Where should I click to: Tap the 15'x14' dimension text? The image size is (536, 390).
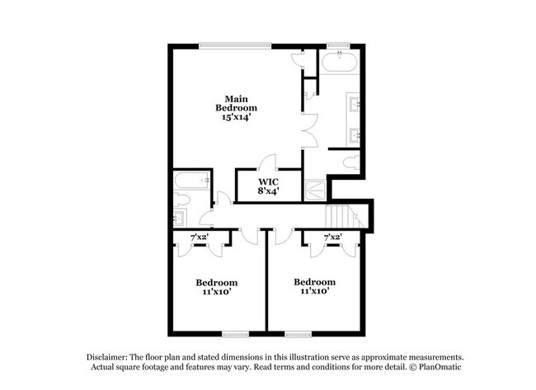237,117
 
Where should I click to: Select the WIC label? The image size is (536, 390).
268,181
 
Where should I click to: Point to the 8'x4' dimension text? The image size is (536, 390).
268,191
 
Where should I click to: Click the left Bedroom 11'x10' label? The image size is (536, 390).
218,287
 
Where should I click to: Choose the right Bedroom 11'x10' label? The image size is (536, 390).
315,287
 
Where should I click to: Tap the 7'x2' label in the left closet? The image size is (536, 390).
200,237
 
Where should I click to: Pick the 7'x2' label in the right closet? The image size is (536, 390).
332,237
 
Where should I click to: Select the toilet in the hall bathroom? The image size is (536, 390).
182,199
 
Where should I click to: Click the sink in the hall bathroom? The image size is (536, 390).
181,218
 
